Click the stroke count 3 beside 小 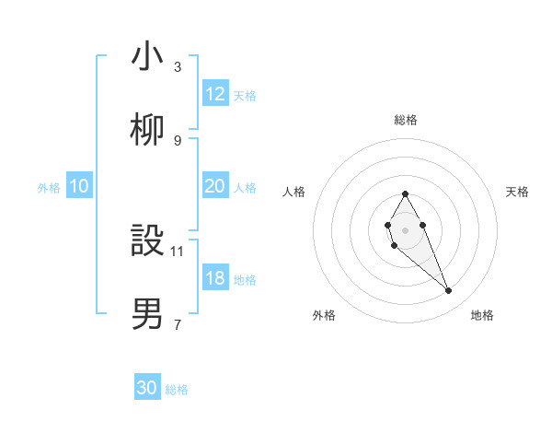[178, 67]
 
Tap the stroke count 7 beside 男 [178, 324]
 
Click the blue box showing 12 [215, 94]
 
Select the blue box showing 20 [215, 186]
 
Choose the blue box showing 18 [215, 278]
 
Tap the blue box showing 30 [147, 388]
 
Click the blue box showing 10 [79, 186]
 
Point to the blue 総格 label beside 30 [177, 390]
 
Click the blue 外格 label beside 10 [49, 188]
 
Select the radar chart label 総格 [406, 120]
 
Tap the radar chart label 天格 [518, 192]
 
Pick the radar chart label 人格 [294, 192]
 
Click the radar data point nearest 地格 [449, 291]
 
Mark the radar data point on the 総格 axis [405, 193]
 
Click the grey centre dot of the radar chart [405, 229]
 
